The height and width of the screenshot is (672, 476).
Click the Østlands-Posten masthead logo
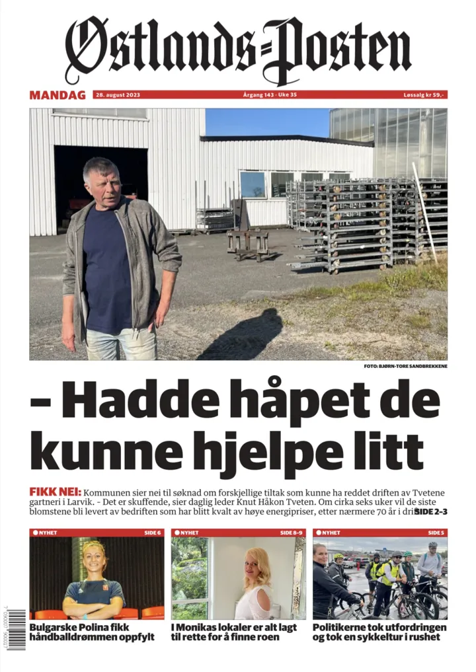(238, 50)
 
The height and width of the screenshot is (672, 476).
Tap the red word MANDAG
(58, 95)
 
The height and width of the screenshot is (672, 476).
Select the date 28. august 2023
(118, 95)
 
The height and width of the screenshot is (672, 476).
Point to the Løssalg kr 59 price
(424, 95)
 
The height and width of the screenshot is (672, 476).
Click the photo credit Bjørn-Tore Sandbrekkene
(405, 366)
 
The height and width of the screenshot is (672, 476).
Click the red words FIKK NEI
(56, 493)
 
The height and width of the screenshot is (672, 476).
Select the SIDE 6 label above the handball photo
(152, 533)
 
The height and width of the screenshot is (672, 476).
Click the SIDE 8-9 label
(291, 533)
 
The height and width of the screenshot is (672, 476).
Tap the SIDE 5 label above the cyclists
(436, 533)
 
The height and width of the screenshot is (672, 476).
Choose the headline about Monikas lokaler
(234, 632)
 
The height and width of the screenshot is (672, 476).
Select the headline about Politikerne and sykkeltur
(379, 632)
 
